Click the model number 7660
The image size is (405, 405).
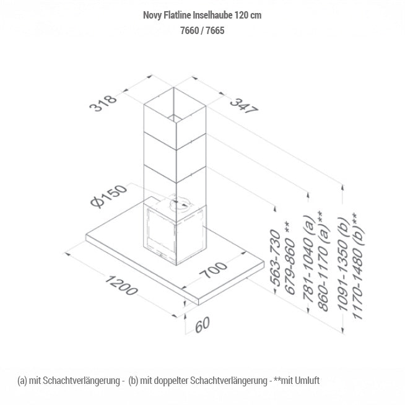click(187, 30)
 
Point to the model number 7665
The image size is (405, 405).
click(212, 30)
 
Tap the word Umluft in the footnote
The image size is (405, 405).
click(308, 380)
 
